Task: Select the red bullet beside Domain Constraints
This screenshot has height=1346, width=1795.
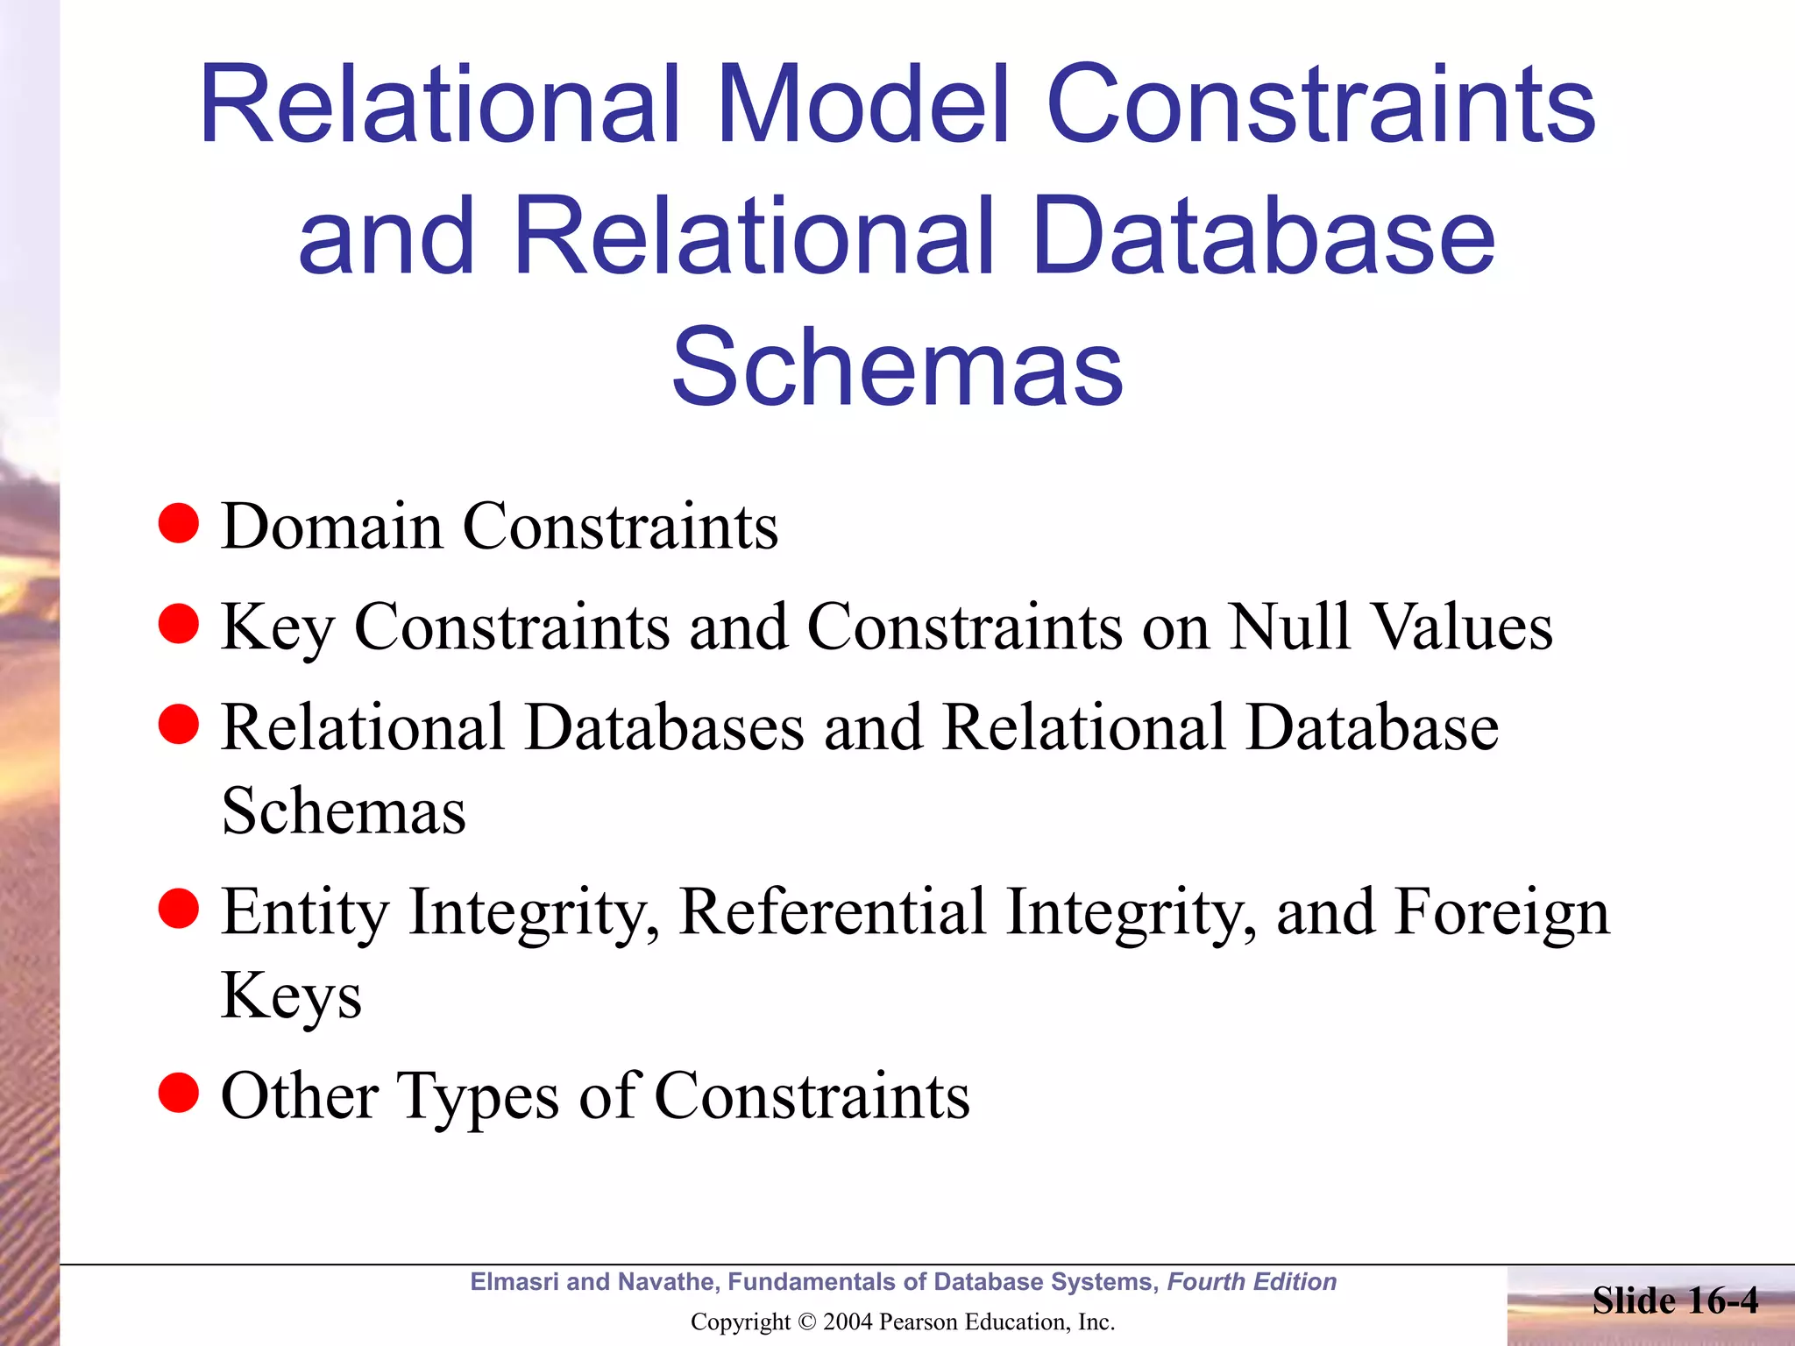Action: coord(179,523)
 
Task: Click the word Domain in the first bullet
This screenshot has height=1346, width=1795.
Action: coord(332,527)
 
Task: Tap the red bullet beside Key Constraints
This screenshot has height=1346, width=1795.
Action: coord(179,624)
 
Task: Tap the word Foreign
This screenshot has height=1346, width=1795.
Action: coord(1501,914)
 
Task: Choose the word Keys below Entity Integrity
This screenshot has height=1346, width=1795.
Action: coord(291,996)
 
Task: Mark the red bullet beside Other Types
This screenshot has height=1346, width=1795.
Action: coord(179,1093)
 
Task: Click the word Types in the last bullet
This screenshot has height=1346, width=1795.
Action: coord(478,1097)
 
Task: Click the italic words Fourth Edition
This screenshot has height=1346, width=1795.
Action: coord(1252,1282)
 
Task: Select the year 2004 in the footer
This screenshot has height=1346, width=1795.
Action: coord(848,1322)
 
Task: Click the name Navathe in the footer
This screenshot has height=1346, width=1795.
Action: coord(667,1282)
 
